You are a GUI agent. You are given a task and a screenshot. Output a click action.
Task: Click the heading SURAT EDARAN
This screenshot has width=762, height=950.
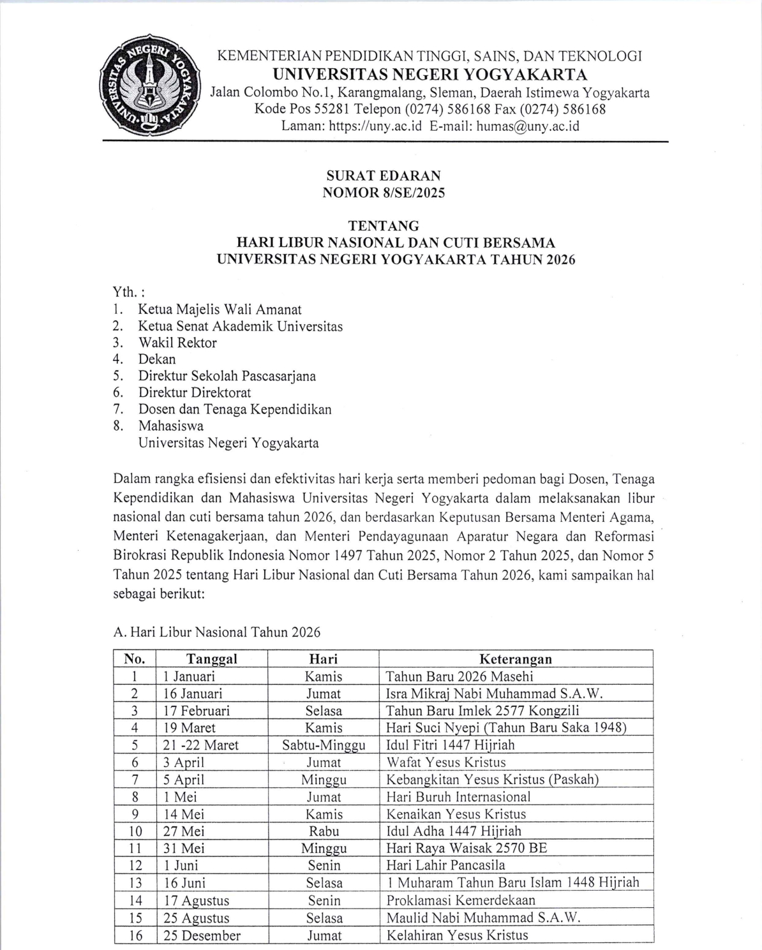[384, 176]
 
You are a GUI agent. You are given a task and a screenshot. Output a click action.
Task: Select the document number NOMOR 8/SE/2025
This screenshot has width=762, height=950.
[384, 193]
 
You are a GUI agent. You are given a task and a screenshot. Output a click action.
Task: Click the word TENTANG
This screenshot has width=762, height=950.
[384, 226]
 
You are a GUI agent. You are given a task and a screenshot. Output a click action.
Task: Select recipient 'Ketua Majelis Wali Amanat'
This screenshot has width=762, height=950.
[220, 309]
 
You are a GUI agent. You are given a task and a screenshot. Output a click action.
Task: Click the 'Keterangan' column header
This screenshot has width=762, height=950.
[516, 659]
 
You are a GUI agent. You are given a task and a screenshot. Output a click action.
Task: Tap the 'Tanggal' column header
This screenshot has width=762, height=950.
[212, 659]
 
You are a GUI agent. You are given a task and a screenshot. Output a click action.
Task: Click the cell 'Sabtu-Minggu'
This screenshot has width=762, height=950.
[324, 745]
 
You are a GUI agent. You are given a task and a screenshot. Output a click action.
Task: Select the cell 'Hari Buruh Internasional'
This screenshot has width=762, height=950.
[458, 797]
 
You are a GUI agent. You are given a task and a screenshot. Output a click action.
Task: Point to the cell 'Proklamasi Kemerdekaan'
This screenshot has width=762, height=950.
[461, 900]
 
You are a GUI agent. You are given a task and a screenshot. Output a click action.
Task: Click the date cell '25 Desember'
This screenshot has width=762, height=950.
[202, 935]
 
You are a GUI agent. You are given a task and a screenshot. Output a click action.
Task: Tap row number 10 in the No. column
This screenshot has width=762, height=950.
[135, 831]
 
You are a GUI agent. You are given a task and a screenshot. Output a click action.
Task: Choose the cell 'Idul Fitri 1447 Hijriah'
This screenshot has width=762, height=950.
[450, 745]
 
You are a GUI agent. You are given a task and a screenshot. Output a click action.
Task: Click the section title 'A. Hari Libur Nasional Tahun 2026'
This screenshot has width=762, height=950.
[217, 632]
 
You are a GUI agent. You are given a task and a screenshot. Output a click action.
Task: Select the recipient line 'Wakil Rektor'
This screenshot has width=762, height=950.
[177, 343]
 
